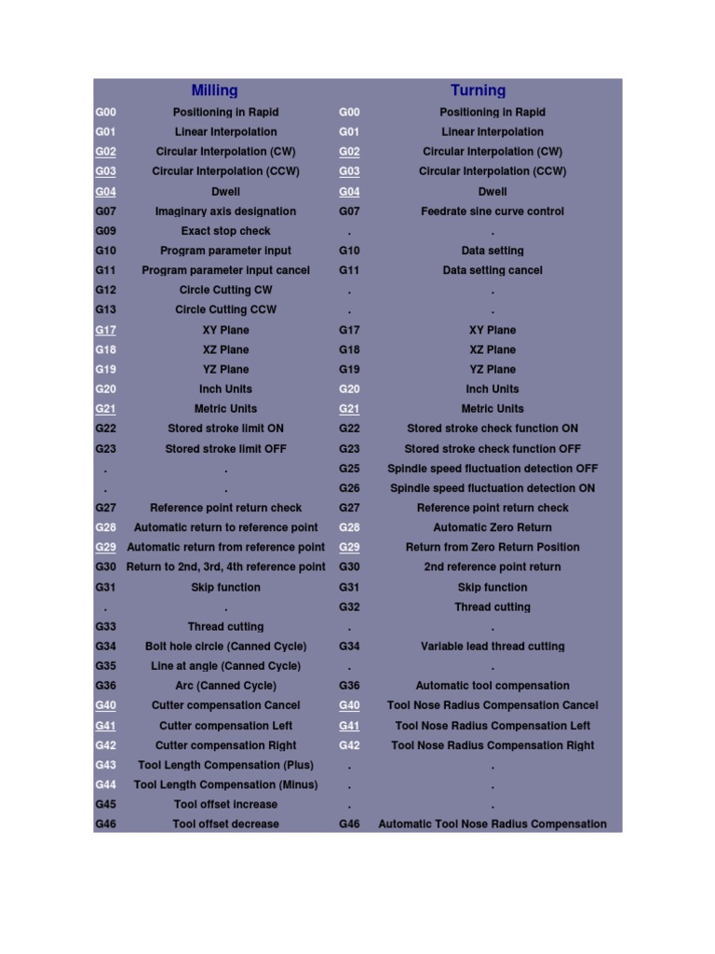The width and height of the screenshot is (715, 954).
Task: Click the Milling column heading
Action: click(214, 90)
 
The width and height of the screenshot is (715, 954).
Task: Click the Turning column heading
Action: click(478, 90)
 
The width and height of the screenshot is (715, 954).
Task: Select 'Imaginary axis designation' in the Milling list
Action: click(225, 211)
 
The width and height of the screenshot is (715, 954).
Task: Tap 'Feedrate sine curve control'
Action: click(492, 211)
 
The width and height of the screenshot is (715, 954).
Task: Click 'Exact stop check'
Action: click(225, 231)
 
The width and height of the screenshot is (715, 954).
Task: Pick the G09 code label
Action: click(105, 231)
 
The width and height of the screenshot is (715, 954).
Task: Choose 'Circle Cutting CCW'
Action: click(225, 309)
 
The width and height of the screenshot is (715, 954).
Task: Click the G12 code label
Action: click(105, 290)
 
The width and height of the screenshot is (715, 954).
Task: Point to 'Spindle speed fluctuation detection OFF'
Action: click(492, 469)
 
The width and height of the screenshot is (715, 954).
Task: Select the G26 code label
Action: click(349, 488)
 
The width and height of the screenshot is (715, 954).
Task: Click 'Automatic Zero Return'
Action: click(492, 527)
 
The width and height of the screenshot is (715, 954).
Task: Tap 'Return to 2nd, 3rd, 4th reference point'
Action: click(225, 566)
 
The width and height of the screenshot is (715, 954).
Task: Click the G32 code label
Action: click(349, 606)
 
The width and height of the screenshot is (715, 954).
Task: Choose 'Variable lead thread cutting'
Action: click(492, 646)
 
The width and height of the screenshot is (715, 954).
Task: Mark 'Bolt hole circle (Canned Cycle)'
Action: click(225, 646)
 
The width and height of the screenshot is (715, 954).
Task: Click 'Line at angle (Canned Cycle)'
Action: click(225, 666)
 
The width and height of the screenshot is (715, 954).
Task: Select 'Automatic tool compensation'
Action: click(492, 686)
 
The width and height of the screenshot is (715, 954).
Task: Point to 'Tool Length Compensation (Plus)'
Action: click(225, 765)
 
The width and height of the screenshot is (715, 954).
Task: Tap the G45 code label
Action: click(105, 804)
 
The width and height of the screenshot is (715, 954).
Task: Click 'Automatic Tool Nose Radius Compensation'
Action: click(492, 824)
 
